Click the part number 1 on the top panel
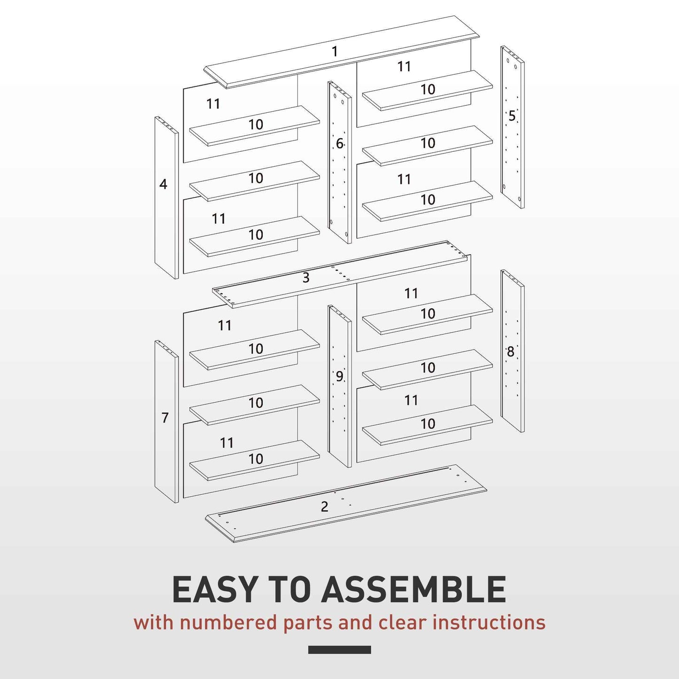(x=335, y=51)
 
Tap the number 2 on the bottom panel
(x=324, y=507)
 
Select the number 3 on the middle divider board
(x=306, y=278)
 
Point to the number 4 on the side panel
(x=163, y=184)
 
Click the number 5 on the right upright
(x=512, y=116)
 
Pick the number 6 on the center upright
(x=339, y=143)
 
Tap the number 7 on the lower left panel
(x=164, y=417)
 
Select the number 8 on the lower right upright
(x=510, y=351)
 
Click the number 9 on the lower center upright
(x=339, y=376)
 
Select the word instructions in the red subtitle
(x=489, y=623)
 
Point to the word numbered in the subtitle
(x=229, y=623)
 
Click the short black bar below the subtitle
(x=339, y=650)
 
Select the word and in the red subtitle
(x=356, y=623)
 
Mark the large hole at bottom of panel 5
(x=520, y=198)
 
